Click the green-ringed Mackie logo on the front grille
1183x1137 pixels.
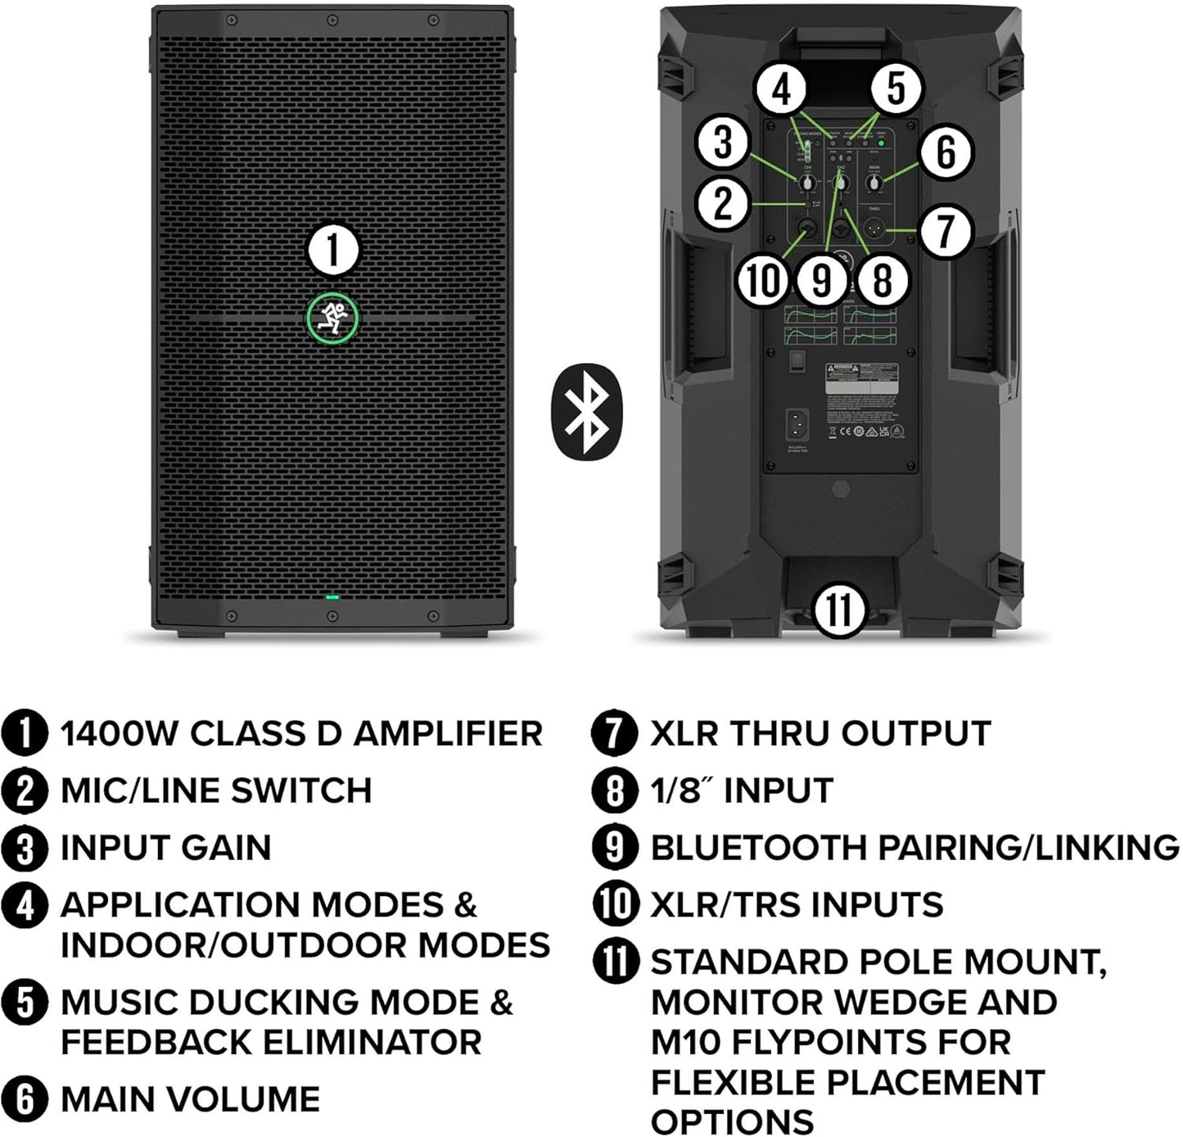[x=332, y=318]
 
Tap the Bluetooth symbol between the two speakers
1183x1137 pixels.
[x=586, y=410]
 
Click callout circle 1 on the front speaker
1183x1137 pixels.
[x=332, y=250]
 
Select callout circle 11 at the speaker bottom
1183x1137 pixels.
[x=839, y=609]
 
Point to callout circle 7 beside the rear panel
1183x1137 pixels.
[x=945, y=231]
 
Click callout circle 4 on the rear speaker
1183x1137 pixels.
[x=783, y=89]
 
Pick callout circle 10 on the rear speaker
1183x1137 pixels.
[x=763, y=280]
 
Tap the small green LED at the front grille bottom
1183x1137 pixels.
[x=332, y=596]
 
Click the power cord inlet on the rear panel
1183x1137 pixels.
[x=797, y=424]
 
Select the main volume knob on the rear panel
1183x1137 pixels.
[x=874, y=184]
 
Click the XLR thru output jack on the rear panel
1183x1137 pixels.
[x=874, y=231]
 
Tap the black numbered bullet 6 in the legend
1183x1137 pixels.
[x=25, y=1099]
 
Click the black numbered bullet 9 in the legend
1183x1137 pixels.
[x=614, y=847]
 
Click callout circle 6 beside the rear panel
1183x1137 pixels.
[x=945, y=152]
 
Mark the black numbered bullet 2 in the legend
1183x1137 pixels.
[x=25, y=790]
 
